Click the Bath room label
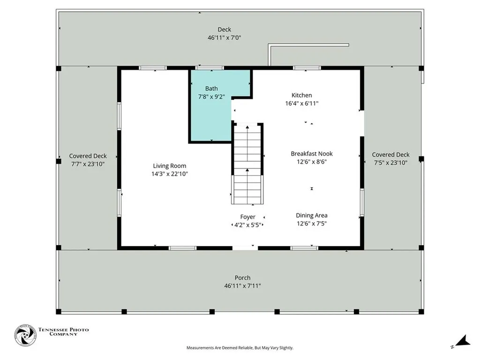(211, 89)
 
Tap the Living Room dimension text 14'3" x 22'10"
(170, 174)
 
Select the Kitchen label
(301, 95)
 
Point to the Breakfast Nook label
(312, 154)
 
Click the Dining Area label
(312, 216)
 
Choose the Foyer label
(247, 217)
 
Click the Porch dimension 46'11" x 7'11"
(242, 286)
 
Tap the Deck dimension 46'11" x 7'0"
(225, 37)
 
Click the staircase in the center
(247, 164)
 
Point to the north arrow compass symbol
(461, 342)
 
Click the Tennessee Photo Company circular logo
(25, 335)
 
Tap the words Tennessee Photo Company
(63, 332)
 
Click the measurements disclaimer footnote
(240, 348)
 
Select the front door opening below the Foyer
(245, 248)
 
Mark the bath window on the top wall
(210, 68)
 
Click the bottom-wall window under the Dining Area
(304, 248)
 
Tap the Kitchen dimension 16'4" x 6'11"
(302, 104)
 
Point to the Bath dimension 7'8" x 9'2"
(211, 97)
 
